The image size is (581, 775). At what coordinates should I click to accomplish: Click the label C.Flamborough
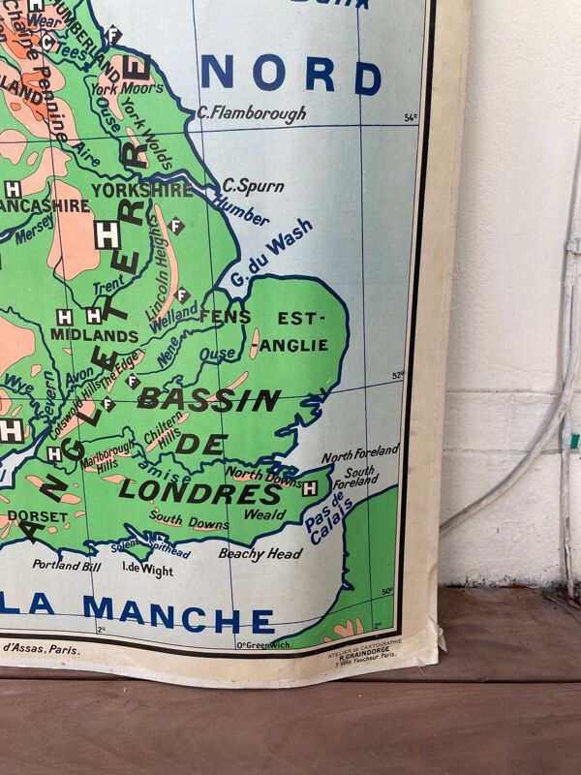point(251,113)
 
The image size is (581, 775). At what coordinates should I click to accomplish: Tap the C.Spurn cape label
point(245,184)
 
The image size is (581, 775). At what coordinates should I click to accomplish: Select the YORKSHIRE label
point(142,190)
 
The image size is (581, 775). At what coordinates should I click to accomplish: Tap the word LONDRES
point(199,490)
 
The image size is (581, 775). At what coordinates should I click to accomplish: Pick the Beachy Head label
point(260,554)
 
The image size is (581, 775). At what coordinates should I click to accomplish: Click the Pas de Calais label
point(330,518)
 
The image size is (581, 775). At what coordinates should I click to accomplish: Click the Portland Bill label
point(66,564)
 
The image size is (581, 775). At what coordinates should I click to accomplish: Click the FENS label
point(225,317)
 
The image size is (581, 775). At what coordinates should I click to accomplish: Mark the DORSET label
point(38,516)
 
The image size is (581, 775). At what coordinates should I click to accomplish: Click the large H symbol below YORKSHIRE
point(107,233)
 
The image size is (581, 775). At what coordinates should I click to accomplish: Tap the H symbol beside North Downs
point(309,488)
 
